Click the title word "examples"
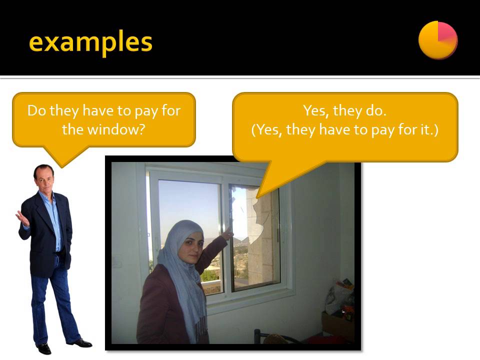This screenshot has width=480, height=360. [90, 42]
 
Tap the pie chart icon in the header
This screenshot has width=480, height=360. [437, 39]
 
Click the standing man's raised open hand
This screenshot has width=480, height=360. [22, 218]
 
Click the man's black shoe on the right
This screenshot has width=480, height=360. [80, 343]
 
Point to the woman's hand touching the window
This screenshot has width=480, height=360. [228, 232]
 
